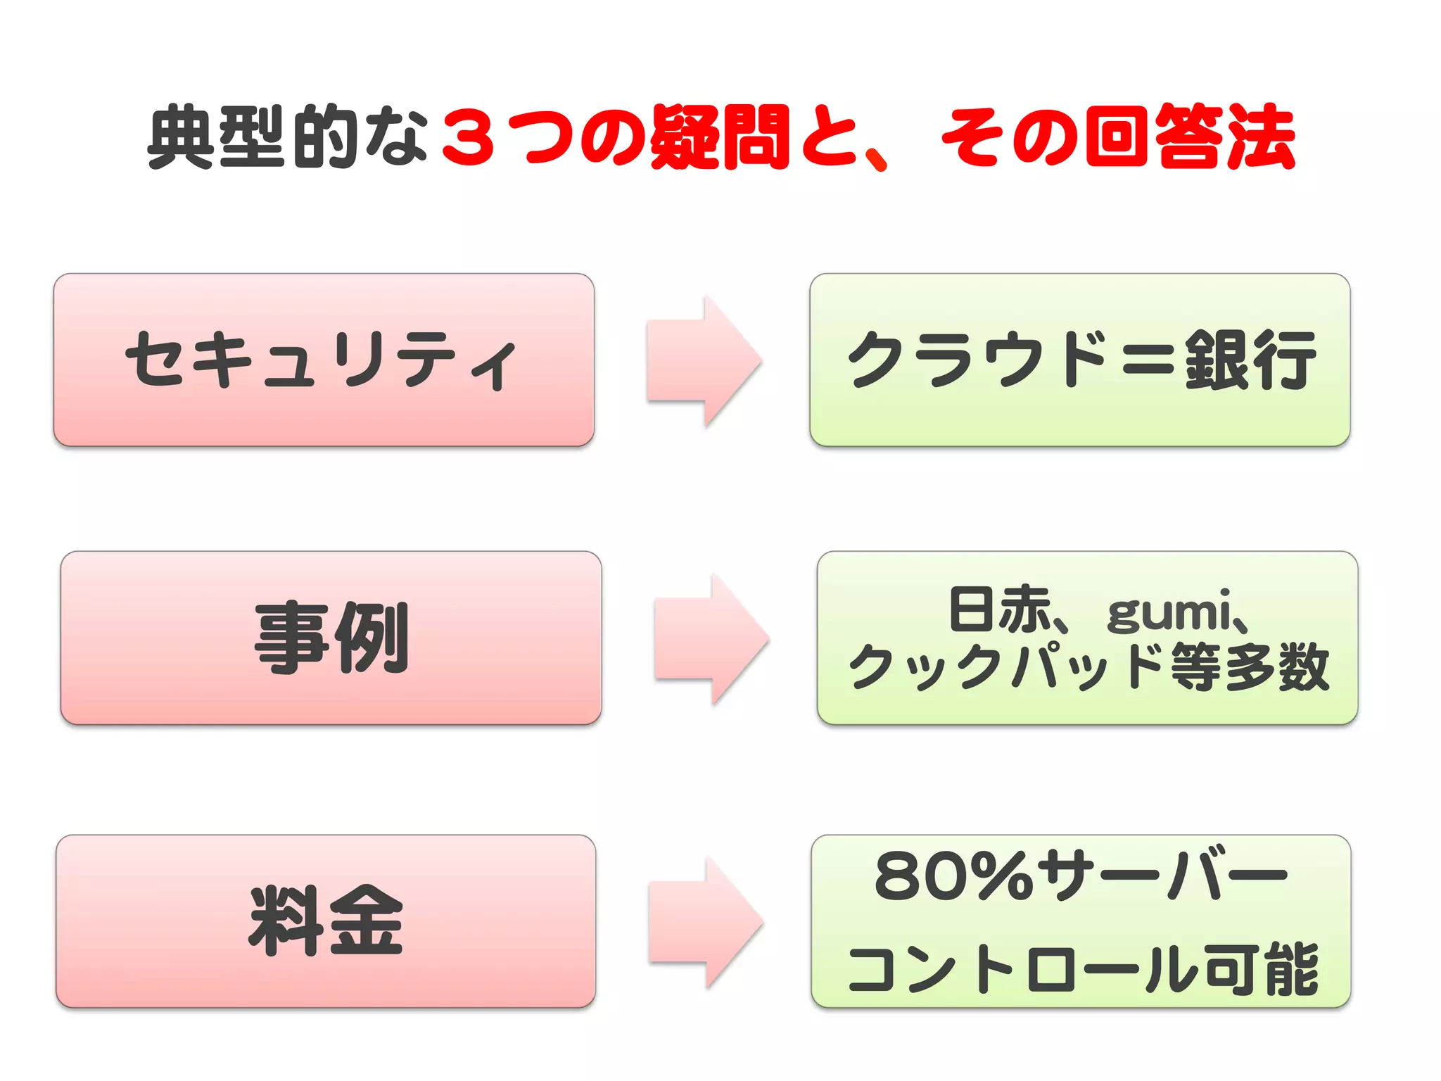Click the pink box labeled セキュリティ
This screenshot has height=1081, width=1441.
pyautogui.click(x=323, y=360)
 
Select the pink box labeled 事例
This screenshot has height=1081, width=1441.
pyautogui.click(x=331, y=638)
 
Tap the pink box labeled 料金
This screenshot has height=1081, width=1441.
pyautogui.click(x=326, y=921)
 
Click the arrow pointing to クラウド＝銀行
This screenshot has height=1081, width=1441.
pyautogui.click(x=704, y=360)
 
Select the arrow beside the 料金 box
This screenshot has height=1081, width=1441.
pyautogui.click(x=705, y=922)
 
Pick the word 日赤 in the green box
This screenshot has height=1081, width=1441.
pyautogui.click(x=999, y=609)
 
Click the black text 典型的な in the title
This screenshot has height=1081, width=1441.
pyautogui.click(x=288, y=137)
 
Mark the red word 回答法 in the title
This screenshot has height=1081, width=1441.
pyautogui.click(x=1189, y=137)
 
